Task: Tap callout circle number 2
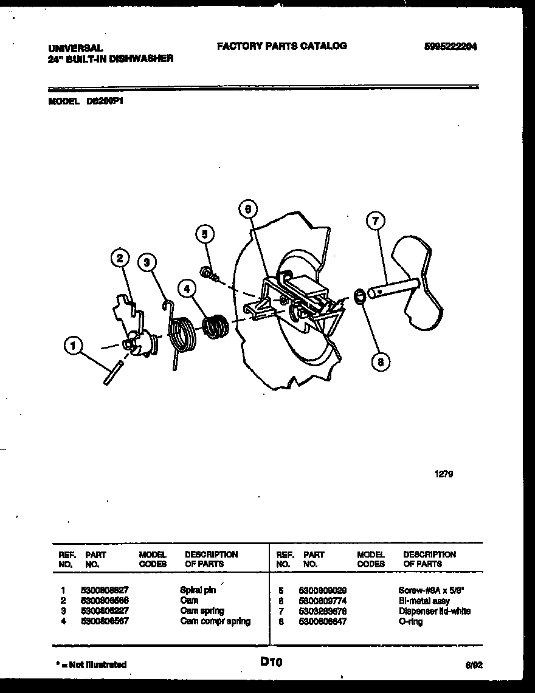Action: click(x=120, y=259)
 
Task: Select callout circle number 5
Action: click(x=205, y=234)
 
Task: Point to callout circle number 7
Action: click(x=375, y=222)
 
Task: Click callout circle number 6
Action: click(x=247, y=209)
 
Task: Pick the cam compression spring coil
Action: click(x=215, y=327)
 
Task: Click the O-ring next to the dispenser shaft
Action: click(x=359, y=296)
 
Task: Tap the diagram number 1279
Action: click(x=444, y=474)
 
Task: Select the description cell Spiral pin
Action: click(x=198, y=590)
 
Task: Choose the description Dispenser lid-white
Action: click(x=434, y=611)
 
